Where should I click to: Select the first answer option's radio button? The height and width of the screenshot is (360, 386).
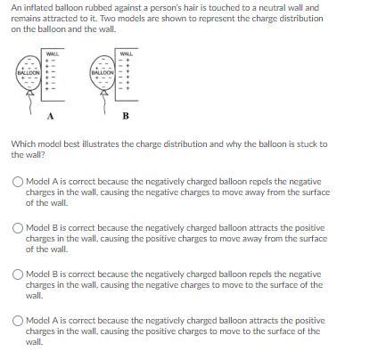(x=18, y=182)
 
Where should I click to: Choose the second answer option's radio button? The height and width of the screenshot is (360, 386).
(x=18, y=228)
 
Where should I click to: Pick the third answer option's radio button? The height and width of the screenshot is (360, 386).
(x=18, y=274)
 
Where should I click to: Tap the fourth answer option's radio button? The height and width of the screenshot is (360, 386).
(x=18, y=321)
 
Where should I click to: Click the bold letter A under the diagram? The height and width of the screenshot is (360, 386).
(x=51, y=116)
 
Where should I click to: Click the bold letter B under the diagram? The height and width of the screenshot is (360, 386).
(x=126, y=116)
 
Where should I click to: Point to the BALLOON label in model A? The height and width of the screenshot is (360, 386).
(x=29, y=72)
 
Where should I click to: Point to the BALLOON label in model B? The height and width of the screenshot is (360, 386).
(x=103, y=72)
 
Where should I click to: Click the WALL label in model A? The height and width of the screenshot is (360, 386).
(x=53, y=54)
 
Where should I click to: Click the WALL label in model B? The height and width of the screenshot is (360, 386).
(x=127, y=54)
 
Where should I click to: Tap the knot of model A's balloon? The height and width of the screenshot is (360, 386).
(x=30, y=94)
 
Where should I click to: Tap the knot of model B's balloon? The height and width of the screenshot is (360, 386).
(x=103, y=94)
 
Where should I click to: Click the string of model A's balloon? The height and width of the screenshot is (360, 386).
(x=30, y=105)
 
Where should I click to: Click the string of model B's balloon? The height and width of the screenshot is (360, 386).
(x=104, y=105)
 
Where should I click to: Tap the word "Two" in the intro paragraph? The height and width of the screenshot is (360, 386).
(x=107, y=19)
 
